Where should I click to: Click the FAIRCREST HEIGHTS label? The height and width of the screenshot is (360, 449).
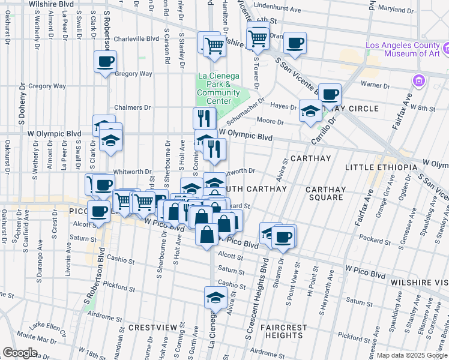(x=283, y=332)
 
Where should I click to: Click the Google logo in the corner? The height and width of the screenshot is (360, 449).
(x=20, y=353)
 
